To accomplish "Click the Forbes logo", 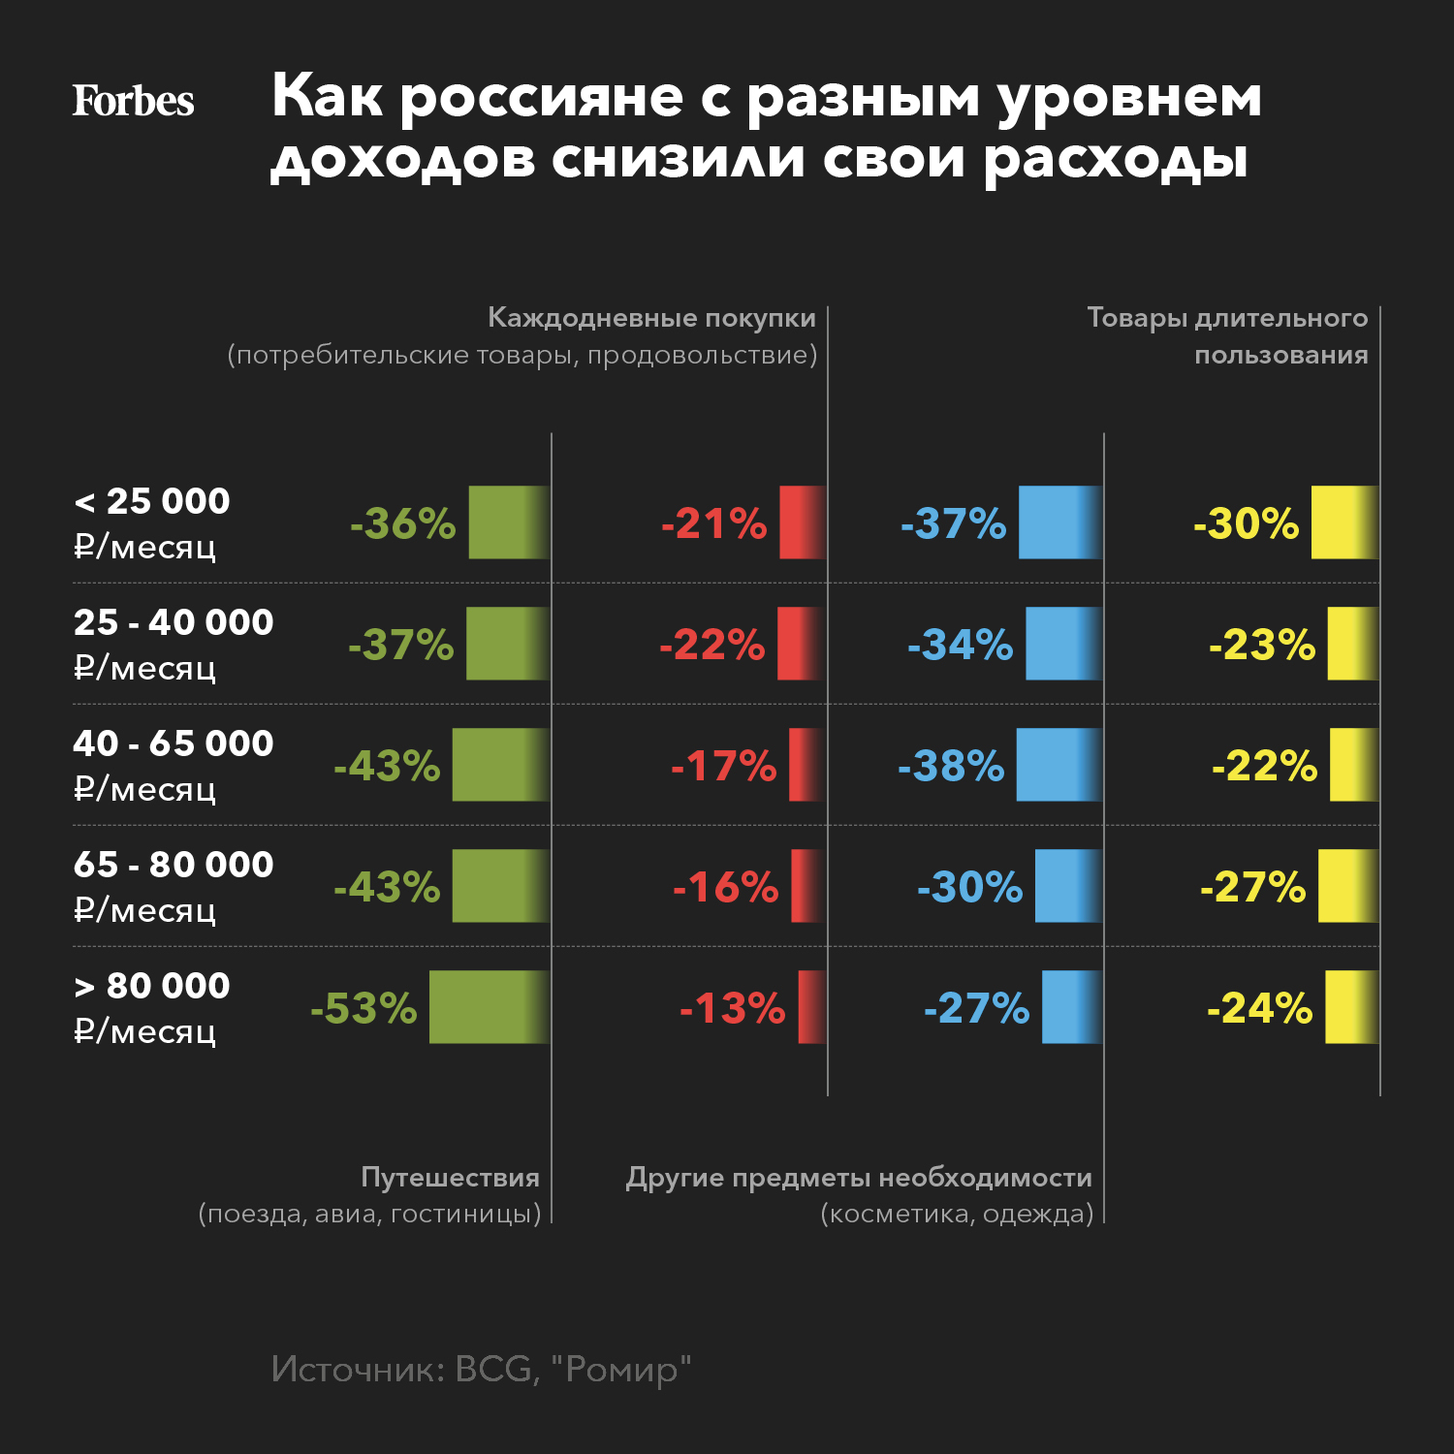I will pyautogui.click(x=134, y=101).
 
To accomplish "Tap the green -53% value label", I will pyautogui.click(x=363, y=1008).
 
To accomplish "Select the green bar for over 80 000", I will pyautogui.click(x=490, y=1007).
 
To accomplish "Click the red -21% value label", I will pyautogui.click(x=714, y=523).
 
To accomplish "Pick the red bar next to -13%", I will pyautogui.click(x=812, y=1007).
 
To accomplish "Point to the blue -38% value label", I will pyautogui.click(x=951, y=766).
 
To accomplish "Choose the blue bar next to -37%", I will pyautogui.click(x=1060, y=522).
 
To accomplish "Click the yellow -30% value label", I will pyautogui.click(x=1246, y=523).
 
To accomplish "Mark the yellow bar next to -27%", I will pyautogui.click(x=1347, y=886).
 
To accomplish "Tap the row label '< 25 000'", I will pyautogui.click(x=152, y=501).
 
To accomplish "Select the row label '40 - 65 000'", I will pyautogui.click(x=174, y=743).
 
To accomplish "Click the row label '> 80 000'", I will pyautogui.click(x=152, y=986).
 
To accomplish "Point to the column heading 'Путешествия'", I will pyautogui.click(x=450, y=1177).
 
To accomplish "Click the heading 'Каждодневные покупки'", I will pyautogui.click(x=651, y=318).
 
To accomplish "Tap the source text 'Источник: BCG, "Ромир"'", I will pyautogui.click(x=481, y=1369).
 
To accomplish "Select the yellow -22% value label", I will pyautogui.click(x=1264, y=766).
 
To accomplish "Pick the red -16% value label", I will pyautogui.click(x=726, y=887).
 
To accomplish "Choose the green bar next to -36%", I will pyautogui.click(x=509, y=522).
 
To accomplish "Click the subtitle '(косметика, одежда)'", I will pyautogui.click(x=957, y=1214).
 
